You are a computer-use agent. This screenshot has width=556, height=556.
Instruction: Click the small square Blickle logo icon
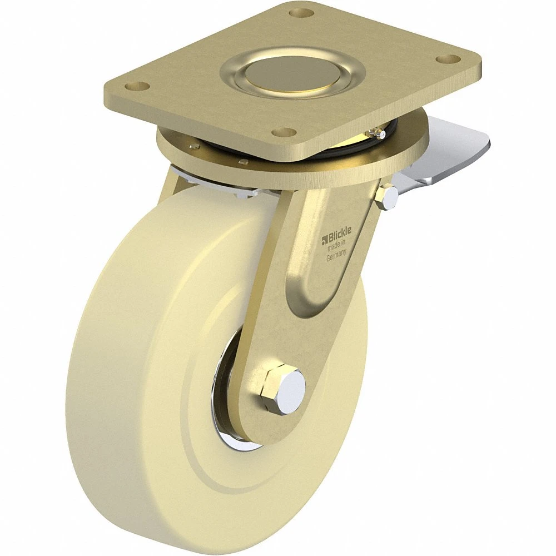point(324,241)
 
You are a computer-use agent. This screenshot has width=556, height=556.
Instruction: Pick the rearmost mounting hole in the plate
point(302,13)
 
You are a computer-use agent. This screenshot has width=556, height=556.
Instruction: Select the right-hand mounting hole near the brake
point(448,58)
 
